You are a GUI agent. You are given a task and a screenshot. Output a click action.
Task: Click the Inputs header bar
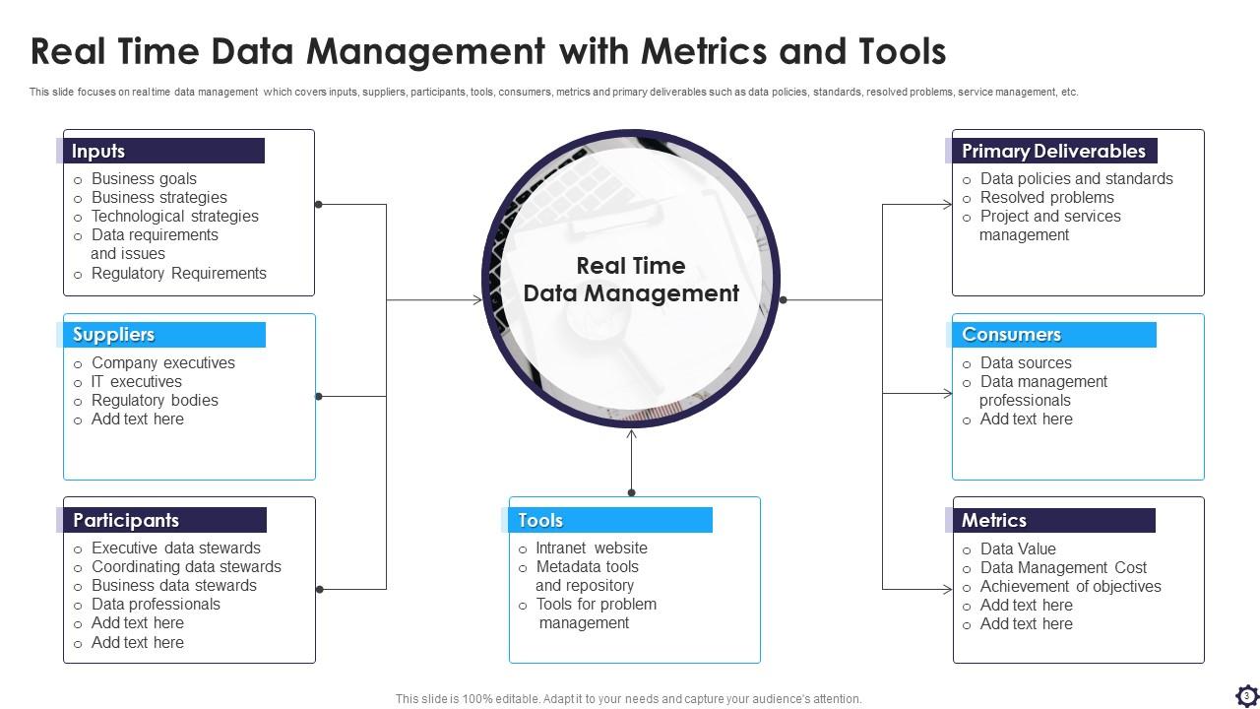(x=162, y=151)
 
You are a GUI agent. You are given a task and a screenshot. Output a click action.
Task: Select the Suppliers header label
(x=114, y=335)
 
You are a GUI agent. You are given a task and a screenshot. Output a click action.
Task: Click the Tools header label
(x=540, y=520)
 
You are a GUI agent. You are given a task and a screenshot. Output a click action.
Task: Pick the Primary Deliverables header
(x=1052, y=151)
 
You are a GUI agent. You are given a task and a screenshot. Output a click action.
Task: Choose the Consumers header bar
(x=1053, y=335)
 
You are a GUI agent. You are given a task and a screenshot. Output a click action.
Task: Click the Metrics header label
(x=994, y=520)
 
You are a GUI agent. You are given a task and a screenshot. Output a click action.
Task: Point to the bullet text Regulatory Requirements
(x=178, y=274)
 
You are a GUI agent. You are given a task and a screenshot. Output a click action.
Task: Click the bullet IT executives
(x=136, y=382)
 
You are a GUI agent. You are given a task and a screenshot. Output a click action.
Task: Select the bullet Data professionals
(x=156, y=605)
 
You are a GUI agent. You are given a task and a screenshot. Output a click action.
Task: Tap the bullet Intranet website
(x=592, y=548)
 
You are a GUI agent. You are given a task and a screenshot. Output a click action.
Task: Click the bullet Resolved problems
(x=1046, y=198)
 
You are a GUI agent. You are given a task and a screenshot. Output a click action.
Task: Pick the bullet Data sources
(x=1026, y=363)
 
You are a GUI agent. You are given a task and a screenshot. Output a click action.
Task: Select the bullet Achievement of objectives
(x=1070, y=587)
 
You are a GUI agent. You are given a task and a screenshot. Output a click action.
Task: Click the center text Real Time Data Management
(x=631, y=280)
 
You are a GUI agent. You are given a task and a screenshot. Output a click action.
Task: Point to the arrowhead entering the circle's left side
(x=477, y=300)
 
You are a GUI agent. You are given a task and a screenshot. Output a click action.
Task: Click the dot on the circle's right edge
(x=784, y=299)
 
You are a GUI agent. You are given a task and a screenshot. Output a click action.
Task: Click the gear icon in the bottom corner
(x=1246, y=695)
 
